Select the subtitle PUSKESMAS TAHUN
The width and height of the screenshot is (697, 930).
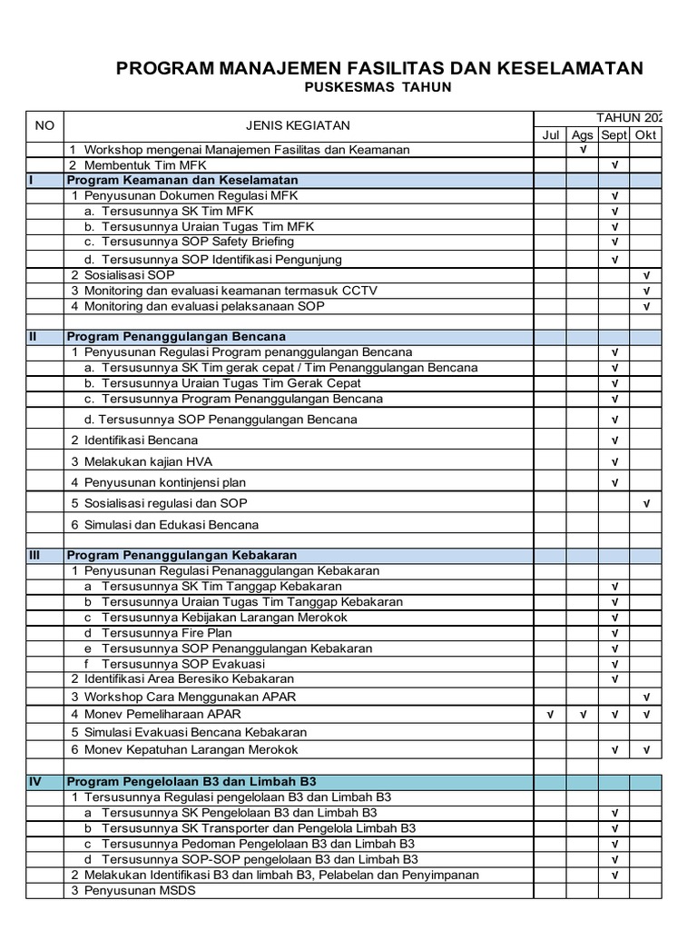(376, 87)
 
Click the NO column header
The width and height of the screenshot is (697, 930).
(44, 125)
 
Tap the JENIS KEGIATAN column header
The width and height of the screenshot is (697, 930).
(298, 125)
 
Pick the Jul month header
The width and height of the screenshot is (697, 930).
(551, 134)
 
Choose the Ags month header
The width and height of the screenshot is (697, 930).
(582, 134)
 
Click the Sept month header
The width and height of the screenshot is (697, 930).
(614, 134)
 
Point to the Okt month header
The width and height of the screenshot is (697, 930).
(645, 134)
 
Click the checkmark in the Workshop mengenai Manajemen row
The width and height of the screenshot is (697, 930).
(582, 149)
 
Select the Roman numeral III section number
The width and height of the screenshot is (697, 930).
(34, 555)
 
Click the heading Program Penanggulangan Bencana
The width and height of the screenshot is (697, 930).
(176, 336)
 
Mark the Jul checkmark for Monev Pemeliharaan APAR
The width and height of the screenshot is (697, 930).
(551, 715)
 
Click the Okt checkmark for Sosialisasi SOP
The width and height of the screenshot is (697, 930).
(646, 274)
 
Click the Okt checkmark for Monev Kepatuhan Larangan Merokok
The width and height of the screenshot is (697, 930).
(646, 750)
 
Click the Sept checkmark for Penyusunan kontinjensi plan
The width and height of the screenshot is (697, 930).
(614, 482)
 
